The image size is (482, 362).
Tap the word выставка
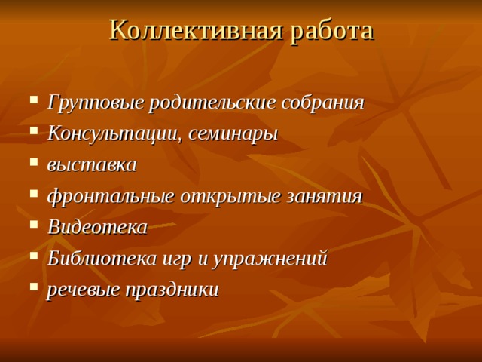pyautogui.click(x=92, y=164)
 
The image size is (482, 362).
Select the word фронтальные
pyautogui.click(x=112, y=196)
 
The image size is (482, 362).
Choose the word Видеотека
pyautogui.click(x=97, y=227)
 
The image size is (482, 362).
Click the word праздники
pyautogui.click(x=172, y=290)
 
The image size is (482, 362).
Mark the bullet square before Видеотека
pyautogui.click(x=35, y=226)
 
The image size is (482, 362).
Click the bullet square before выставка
pyautogui.click(x=35, y=164)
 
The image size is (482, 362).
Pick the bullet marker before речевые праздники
pyautogui.click(x=35, y=289)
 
